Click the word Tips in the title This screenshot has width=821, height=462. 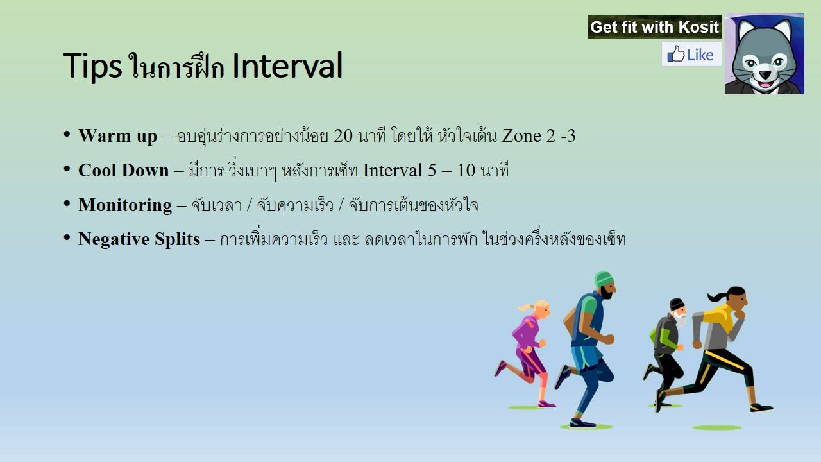92,66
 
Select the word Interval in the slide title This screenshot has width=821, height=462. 288,65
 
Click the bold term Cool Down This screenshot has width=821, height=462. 124,171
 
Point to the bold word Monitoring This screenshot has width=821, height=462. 125,205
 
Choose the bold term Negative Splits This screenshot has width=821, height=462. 139,239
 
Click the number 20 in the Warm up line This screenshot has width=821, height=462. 343,136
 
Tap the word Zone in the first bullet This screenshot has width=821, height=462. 521,136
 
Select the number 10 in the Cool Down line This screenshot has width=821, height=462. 466,171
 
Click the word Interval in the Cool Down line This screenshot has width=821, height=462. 393,171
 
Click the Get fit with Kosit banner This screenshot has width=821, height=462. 655,27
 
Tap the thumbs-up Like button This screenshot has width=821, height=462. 691,55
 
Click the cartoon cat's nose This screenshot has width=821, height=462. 765,74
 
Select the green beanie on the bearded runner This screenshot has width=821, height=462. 603,279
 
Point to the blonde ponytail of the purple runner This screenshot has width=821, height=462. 527,307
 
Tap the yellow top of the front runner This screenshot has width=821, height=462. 719,318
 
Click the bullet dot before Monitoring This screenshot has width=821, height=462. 67,203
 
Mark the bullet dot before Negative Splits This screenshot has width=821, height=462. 67,237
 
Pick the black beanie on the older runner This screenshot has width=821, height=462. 677,304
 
